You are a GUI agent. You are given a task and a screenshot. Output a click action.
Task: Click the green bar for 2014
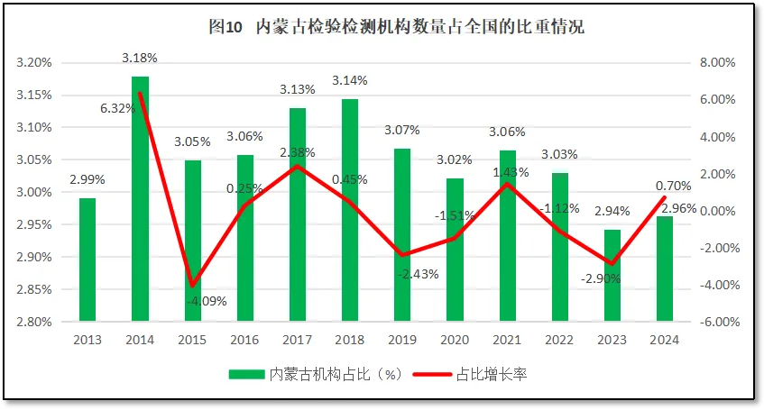point(140,198)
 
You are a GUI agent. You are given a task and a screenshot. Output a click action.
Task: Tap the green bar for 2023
point(612,275)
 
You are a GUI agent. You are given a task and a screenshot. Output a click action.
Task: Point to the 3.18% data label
point(140,58)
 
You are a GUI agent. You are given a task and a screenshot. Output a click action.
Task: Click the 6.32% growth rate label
point(117,108)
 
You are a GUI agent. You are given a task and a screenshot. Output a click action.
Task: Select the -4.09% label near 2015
point(207,301)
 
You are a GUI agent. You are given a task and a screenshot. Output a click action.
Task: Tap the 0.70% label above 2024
point(673,186)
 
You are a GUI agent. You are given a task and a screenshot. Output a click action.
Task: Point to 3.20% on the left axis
point(33,63)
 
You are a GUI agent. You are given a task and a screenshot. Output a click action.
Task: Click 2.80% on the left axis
point(33,322)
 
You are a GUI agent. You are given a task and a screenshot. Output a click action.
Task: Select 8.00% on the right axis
point(719,63)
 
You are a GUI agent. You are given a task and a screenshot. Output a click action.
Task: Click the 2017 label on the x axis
point(297,340)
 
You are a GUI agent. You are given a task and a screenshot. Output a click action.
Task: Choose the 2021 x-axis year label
point(507,340)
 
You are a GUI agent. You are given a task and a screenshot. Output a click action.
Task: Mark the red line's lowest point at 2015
point(192,286)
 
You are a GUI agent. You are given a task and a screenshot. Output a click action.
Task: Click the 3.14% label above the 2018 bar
point(350,81)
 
